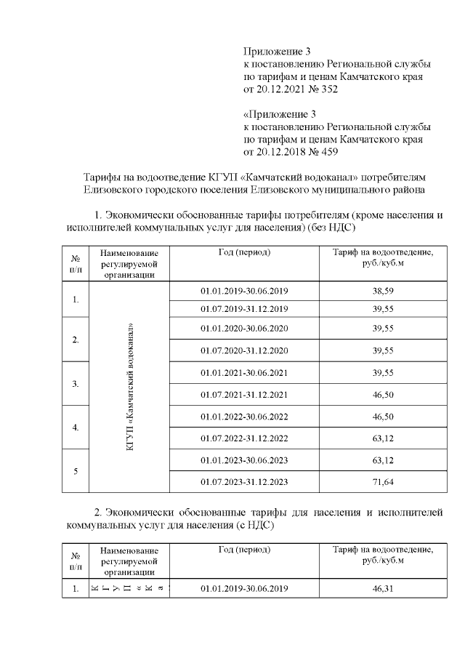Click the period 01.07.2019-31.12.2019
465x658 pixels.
tap(245, 308)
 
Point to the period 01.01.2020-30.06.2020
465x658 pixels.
tap(245, 328)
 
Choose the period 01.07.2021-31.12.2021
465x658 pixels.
tap(245, 394)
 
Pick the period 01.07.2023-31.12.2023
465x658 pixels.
tap(245, 481)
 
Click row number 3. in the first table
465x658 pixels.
tap(76, 383)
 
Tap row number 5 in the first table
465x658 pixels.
tap(76, 471)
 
